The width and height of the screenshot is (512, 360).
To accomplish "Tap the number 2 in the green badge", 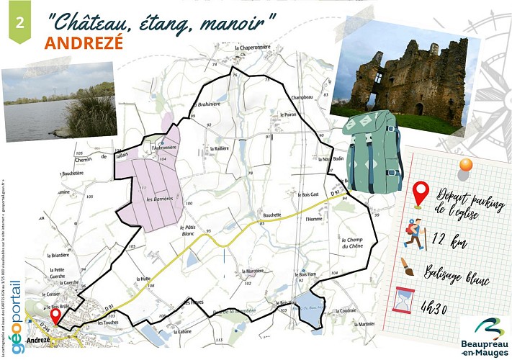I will (19, 21).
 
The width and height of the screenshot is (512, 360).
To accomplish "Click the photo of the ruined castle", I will (404, 79).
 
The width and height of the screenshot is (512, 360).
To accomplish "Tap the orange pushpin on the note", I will (465, 166).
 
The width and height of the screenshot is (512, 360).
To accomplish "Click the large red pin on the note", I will (421, 194).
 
